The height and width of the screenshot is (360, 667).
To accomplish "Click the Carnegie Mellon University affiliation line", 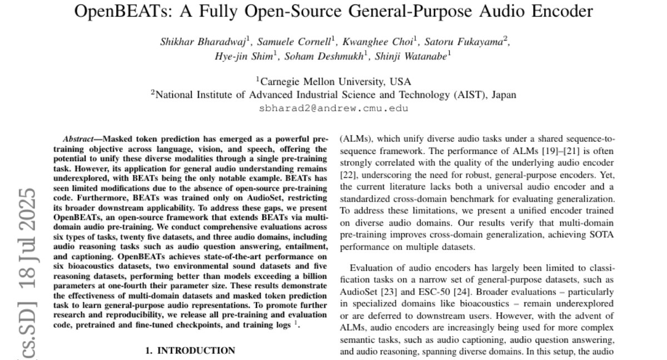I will point(333,82).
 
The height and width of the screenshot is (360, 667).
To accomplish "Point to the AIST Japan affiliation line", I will point(333,95).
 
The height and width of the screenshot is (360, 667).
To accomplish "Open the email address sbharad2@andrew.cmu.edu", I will point(333,108).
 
